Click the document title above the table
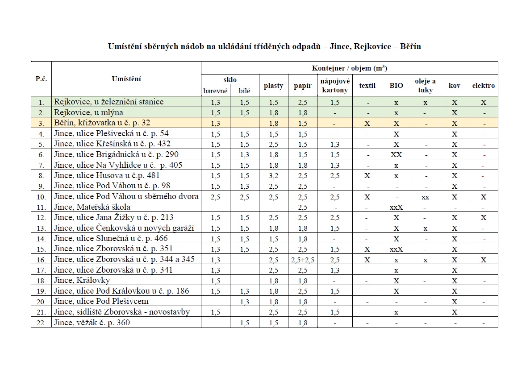point(264,46)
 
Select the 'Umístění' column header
point(126,79)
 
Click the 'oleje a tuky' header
point(425,85)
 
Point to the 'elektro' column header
point(484,86)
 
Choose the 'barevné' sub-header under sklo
point(216,91)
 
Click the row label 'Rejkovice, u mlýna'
point(88,112)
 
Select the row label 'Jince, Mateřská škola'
point(92,207)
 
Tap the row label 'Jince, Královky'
point(82,281)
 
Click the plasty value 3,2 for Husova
point(274,176)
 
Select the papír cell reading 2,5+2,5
point(303,260)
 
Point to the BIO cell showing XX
point(396,154)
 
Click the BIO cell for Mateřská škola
point(396,207)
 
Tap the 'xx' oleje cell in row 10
point(425,197)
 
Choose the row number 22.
point(41,323)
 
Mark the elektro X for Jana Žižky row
point(484,218)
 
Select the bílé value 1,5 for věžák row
point(245,323)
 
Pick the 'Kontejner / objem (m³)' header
point(349,68)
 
